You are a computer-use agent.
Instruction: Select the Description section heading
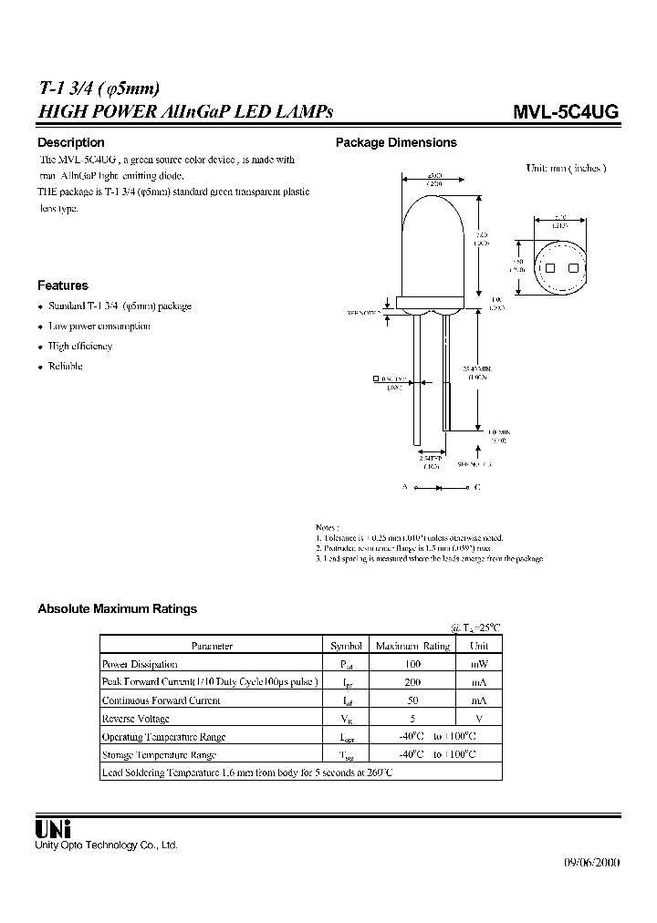[x=70, y=142]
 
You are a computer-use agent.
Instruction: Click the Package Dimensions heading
[x=396, y=142]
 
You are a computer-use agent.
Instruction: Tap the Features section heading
[x=62, y=285]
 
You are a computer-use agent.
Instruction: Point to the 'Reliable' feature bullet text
[x=65, y=367]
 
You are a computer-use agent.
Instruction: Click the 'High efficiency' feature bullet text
[x=79, y=347]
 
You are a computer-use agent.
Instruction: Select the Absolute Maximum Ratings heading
[x=117, y=608]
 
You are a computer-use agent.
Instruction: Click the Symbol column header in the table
[x=346, y=646]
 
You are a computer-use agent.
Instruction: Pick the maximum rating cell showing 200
[x=412, y=682]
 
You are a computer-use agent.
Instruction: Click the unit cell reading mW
[x=479, y=664]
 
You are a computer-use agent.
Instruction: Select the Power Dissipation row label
[x=140, y=664]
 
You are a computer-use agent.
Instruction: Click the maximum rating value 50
[x=412, y=700]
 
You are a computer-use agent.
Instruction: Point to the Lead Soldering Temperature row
[x=246, y=773]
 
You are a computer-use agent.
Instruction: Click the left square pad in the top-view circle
[x=549, y=268]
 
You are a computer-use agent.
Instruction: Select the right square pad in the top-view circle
[x=573, y=268]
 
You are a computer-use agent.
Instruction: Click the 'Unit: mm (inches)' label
[x=566, y=169]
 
